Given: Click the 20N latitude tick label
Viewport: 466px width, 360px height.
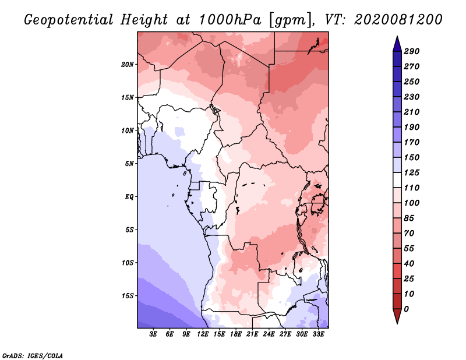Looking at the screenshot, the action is [128, 65].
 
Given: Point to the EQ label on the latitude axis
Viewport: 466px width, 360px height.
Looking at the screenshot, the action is [129, 197].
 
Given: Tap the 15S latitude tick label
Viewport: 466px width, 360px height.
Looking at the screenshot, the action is [128, 296].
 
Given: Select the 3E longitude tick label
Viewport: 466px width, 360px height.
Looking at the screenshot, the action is [153, 334].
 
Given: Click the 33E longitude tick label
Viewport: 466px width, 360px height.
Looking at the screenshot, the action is [318, 334].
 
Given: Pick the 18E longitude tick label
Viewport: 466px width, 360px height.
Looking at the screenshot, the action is [236, 334].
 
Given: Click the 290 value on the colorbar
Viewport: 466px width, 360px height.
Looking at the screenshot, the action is [412, 51].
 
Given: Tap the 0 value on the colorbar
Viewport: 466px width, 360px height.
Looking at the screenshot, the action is [407, 309].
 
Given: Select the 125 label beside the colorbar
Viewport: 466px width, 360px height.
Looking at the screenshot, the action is [412, 172].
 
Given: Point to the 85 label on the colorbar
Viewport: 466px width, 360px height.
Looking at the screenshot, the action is [409, 218].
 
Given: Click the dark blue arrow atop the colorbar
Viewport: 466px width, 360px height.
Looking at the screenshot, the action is [397, 44].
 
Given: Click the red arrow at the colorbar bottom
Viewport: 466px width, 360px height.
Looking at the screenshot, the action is [397, 316].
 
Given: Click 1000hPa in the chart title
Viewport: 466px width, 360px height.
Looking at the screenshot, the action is [230, 20].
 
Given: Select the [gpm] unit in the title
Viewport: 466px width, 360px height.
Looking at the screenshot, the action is [292, 20].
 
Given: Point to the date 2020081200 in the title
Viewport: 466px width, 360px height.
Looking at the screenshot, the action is [398, 20].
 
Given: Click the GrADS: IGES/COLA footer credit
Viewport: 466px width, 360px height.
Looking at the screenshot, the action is [33, 356].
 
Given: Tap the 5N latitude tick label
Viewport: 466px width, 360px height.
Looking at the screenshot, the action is [129, 164].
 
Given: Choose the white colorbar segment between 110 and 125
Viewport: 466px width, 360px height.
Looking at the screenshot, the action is [397, 180].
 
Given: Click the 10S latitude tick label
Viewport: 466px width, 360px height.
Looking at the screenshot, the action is [128, 263].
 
